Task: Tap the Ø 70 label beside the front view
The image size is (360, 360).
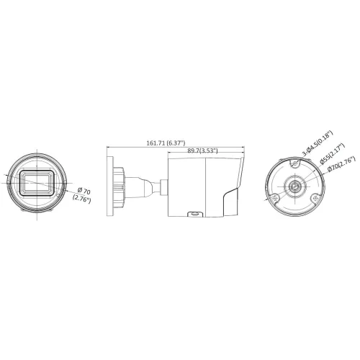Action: coord(85,191)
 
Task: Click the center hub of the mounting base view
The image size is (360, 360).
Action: coord(295,186)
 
